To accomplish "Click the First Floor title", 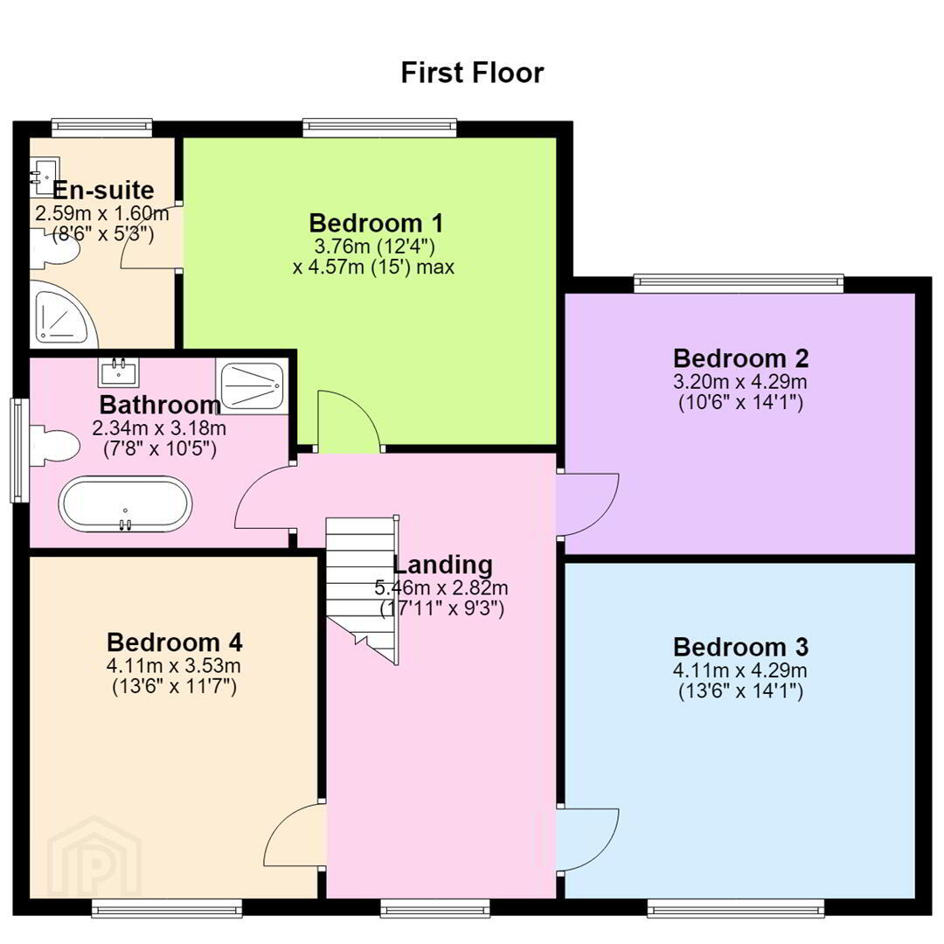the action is tap(473, 73).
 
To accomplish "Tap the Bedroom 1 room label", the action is tap(376, 224).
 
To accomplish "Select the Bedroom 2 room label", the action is tap(740, 359).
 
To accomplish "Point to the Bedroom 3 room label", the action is tap(740, 647).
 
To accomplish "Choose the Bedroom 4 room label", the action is tap(175, 642).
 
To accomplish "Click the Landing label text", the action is tap(442, 566).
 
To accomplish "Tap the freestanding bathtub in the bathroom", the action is tap(125, 504).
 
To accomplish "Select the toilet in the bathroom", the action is tap(55, 446).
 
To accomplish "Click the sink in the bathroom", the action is tap(119, 372).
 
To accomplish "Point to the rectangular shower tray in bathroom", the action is tap(252, 385).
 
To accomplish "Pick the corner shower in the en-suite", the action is tap(63, 318).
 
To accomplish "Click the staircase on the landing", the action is tap(362, 590).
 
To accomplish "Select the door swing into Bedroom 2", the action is tap(587, 504).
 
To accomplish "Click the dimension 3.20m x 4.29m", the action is tap(740, 382).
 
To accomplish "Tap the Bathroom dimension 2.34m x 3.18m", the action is tap(159, 428).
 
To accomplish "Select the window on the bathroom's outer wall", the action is tap(19, 450).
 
